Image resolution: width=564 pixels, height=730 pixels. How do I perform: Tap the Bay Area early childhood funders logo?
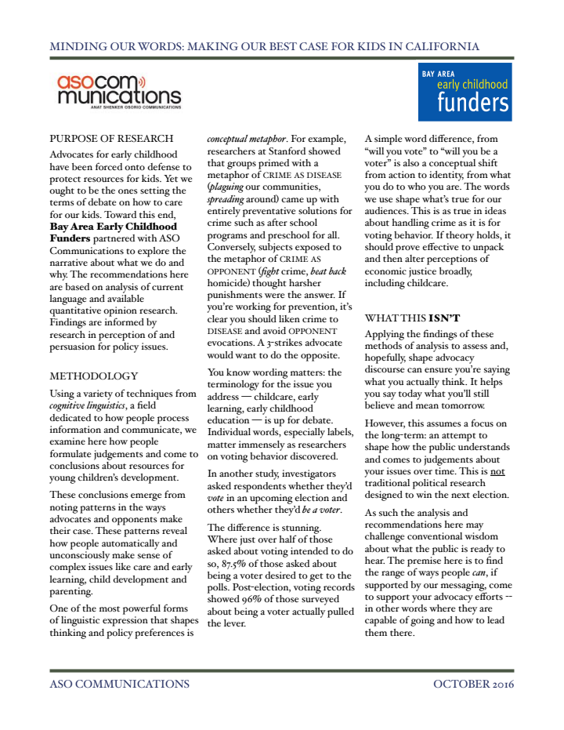tap(465, 93)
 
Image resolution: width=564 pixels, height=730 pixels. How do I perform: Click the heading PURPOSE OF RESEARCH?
tap(110, 139)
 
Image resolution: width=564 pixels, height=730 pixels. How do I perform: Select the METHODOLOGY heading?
tap(93, 376)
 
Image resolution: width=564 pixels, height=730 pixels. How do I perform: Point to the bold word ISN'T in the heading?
tap(444, 318)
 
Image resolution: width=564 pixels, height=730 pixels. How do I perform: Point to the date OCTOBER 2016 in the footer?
tap(473, 684)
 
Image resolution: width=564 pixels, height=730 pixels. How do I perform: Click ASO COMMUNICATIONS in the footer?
tap(119, 684)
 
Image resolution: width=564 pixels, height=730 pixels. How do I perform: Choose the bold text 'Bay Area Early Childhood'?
tap(113, 226)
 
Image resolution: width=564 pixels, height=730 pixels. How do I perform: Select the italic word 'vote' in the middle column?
tap(216, 498)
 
